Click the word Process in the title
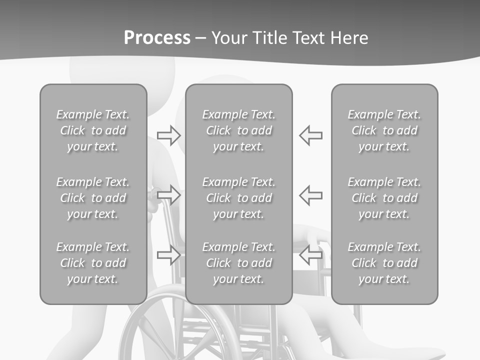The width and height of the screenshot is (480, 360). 157,38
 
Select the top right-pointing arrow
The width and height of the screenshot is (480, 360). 168,135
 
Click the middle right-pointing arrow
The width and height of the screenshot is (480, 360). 168,195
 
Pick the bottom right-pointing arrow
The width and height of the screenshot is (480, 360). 168,255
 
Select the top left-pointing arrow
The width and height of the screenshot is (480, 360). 311,135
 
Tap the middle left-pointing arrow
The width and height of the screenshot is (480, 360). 311,195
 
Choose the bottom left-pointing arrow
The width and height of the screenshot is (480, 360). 311,255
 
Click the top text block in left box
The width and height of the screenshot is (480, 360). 93,130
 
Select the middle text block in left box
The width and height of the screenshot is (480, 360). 93,198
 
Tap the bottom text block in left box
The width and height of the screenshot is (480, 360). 93,263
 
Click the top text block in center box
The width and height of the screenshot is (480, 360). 238,130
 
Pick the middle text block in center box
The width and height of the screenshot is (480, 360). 238,198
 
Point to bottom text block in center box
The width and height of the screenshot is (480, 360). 238,263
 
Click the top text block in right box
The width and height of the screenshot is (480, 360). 384,130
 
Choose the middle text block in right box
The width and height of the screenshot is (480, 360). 384,198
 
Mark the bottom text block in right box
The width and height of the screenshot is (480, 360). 384,263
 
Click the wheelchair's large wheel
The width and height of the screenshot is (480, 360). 150,330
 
